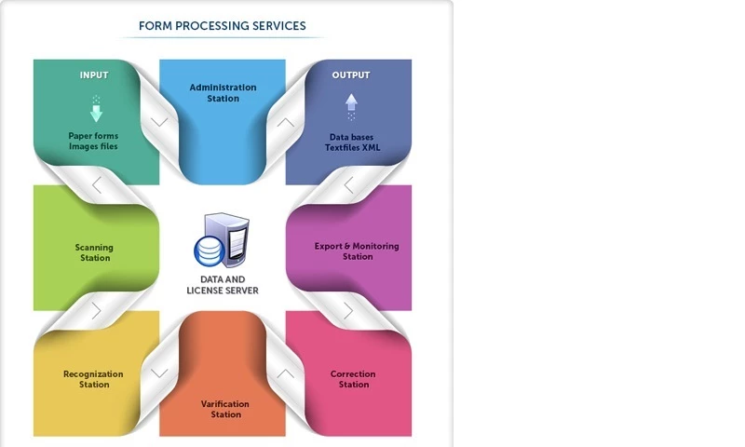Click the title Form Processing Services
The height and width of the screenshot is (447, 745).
pos(222,25)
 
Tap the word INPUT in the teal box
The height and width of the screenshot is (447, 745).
pos(94,75)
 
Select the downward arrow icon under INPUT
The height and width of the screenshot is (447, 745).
pos(95,111)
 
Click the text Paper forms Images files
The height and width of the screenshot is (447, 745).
pos(93,141)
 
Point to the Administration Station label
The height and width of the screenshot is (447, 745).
pos(223,93)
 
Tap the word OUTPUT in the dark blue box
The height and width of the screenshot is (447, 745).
pos(351,75)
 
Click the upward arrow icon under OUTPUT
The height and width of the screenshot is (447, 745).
pos(351,105)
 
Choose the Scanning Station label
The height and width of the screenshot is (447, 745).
pos(94,252)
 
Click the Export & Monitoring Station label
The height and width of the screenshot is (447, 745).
pos(357,251)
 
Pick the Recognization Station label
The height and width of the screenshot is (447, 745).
pos(93,379)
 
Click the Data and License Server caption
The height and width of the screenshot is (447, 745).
pos(223,284)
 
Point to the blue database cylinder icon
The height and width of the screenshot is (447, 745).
pos(208,251)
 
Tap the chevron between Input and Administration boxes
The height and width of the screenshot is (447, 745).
pos(159,122)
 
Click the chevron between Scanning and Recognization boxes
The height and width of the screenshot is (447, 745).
pos(96,309)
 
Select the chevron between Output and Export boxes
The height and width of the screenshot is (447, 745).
pos(348,185)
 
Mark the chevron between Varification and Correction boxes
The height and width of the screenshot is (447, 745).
pos(286,372)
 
